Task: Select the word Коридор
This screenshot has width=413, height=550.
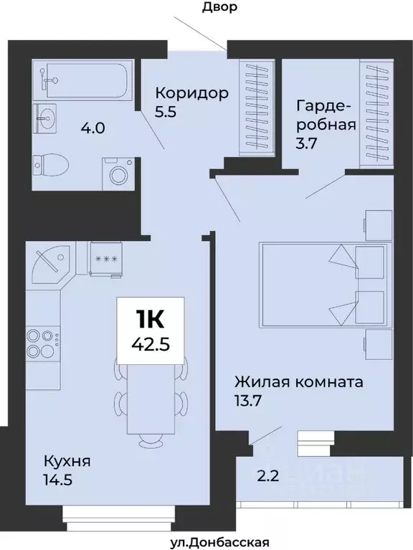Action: (x=192, y=93)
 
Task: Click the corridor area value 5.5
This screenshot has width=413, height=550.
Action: (x=166, y=113)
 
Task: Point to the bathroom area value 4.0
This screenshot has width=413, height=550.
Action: (x=93, y=129)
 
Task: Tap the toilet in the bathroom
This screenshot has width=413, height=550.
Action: (x=52, y=164)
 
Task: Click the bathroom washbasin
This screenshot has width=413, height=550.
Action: (x=47, y=117)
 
